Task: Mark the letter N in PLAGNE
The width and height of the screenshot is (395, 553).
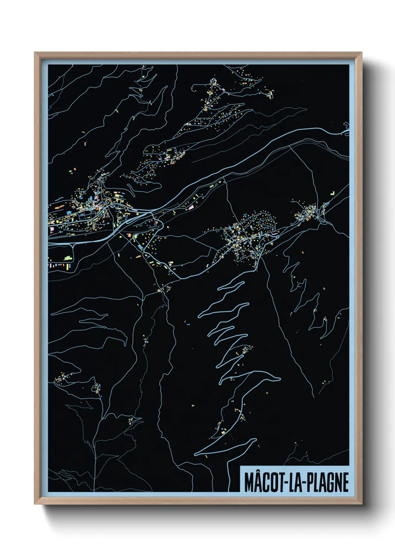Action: [x=338, y=482]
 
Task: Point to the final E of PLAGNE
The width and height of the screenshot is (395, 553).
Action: [x=345, y=482]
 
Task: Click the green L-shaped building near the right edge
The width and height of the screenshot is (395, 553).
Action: [x=332, y=193]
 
